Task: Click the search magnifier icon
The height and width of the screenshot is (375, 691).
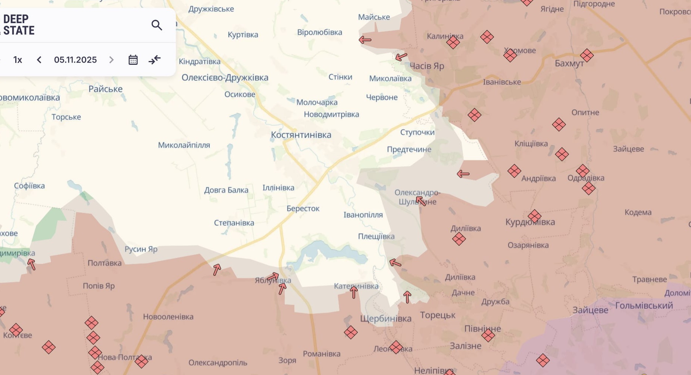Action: tap(157, 25)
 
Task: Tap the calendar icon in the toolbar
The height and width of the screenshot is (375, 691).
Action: tap(133, 60)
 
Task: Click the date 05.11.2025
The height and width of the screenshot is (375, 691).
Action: tap(75, 60)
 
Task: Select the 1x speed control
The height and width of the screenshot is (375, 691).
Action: tap(17, 60)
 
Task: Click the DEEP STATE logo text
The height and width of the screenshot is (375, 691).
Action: tap(19, 25)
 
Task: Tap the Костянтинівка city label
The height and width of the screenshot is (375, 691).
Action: tap(301, 135)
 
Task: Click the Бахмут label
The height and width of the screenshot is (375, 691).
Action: tap(569, 63)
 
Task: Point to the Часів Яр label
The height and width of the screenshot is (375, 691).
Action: tap(427, 66)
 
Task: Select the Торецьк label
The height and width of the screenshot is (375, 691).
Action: tap(437, 315)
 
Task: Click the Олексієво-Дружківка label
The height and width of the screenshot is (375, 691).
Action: tap(225, 78)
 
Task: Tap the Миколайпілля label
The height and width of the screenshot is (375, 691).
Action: tap(184, 145)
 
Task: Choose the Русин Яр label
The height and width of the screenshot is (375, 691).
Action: tap(141, 249)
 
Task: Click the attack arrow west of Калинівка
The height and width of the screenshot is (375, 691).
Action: tap(365, 40)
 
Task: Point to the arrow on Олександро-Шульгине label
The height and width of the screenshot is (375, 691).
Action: tap(421, 201)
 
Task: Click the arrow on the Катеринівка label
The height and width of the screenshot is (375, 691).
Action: tap(354, 292)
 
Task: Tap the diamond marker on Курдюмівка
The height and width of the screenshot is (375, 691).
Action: tap(535, 216)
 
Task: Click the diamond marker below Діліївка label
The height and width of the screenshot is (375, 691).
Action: tap(459, 239)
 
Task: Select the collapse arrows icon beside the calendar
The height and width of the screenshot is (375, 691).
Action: tap(155, 60)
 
